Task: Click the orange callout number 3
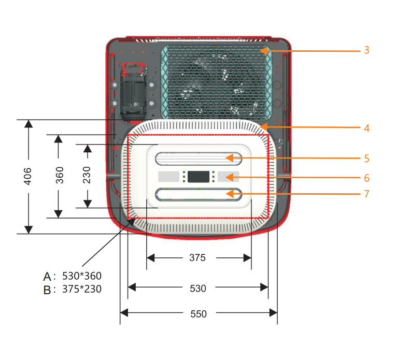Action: click(x=366, y=50)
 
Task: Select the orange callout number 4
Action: click(x=366, y=127)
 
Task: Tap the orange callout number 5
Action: click(x=366, y=159)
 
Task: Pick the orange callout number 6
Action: click(x=366, y=178)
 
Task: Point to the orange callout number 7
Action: click(x=366, y=194)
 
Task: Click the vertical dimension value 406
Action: click(x=29, y=177)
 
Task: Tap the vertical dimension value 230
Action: click(x=87, y=176)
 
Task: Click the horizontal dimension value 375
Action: click(x=198, y=257)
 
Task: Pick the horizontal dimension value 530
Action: click(x=198, y=289)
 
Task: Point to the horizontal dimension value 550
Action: click(x=198, y=314)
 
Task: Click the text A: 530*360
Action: click(x=73, y=276)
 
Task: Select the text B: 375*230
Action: click(x=73, y=290)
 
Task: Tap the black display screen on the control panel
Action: click(x=199, y=177)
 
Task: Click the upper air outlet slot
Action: click(x=199, y=157)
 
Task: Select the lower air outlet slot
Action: click(x=199, y=194)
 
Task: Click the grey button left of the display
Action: click(x=168, y=177)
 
